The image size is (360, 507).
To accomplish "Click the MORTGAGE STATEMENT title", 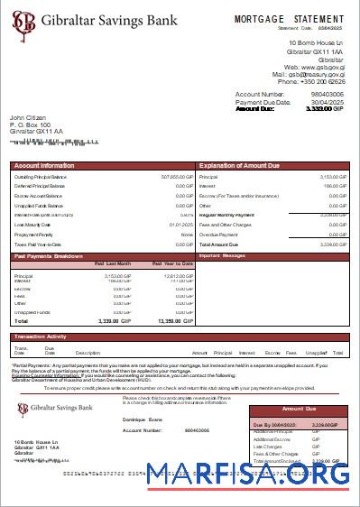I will click(289, 19).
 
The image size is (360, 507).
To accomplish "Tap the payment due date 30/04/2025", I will click(328, 102).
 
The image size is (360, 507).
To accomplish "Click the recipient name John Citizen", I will click(29, 117).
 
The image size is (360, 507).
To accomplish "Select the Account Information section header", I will click(45, 166).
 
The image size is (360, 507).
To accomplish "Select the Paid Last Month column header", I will click(113, 263).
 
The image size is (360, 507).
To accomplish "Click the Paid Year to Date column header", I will click(168, 263).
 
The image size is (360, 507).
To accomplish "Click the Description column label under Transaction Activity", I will click(88, 353).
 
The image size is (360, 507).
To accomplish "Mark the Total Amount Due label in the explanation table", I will click(218, 244).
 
